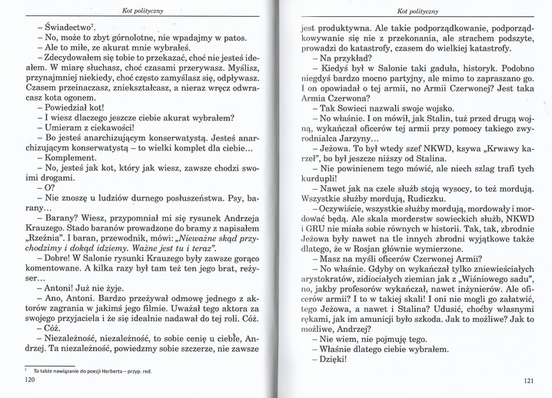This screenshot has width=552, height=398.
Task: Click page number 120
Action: click(31, 380)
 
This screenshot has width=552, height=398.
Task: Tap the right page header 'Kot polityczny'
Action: click(418, 11)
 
